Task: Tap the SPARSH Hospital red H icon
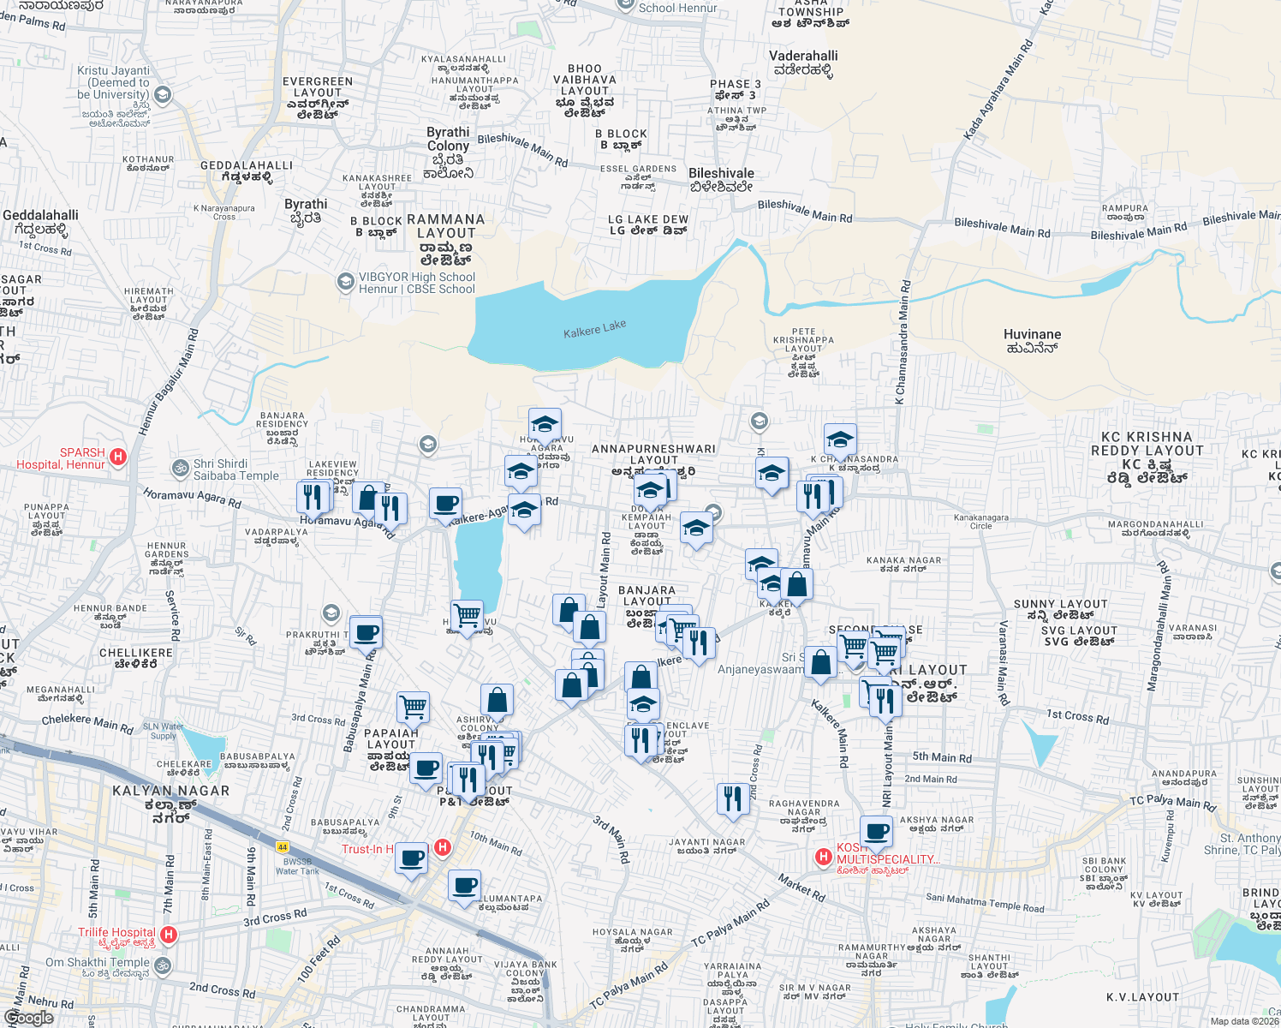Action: pyautogui.click(x=118, y=457)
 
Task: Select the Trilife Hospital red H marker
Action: pyautogui.click(x=169, y=935)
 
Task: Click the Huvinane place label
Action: pyautogui.click(x=1032, y=340)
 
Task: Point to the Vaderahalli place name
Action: pyautogui.click(x=803, y=63)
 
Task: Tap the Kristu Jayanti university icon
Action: pyautogui.click(x=163, y=95)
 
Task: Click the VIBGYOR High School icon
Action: pyautogui.click(x=345, y=282)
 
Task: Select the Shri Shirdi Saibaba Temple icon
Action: pyautogui.click(x=181, y=468)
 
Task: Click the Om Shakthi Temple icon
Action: pyautogui.click(x=162, y=966)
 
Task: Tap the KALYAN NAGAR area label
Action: pyautogui.click(x=170, y=791)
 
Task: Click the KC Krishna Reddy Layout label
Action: pyautogui.click(x=1147, y=444)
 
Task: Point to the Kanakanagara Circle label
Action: pyautogui.click(x=980, y=521)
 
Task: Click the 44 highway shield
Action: pyautogui.click(x=283, y=846)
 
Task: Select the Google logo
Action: pyautogui.click(x=28, y=1018)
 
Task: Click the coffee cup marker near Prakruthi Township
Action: pyautogui.click(x=366, y=633)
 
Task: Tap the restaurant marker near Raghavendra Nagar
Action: pyautogui.click(x=732, y=798)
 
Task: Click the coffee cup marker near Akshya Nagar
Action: pyautogui.click(x=876, y=830)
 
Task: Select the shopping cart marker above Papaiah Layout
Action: pyautogui.click(x=413, y=707)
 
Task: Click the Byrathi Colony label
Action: pyautogui.click(x=449, y=139)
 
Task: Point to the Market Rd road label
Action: pyautogui.click(x=801, y=888)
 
